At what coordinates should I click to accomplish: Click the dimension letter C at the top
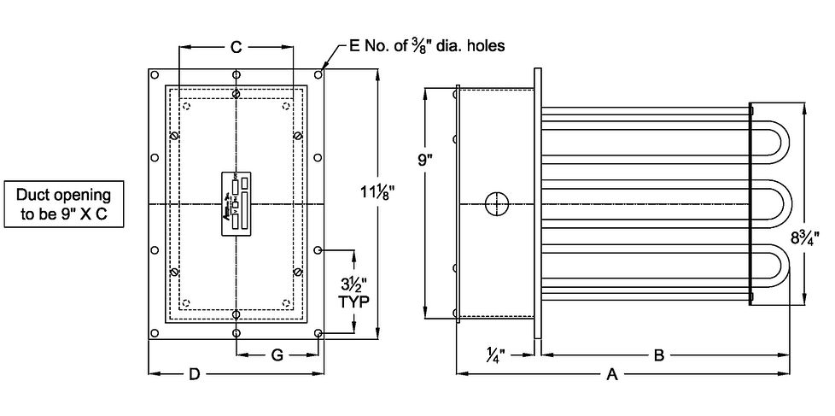tap(236, 48)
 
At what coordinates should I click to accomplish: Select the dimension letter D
tap(195, 373)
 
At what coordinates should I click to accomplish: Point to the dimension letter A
tap(612, 373)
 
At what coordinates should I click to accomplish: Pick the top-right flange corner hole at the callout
tap(318, 75)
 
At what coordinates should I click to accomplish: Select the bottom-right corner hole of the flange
tap(318, 333)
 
